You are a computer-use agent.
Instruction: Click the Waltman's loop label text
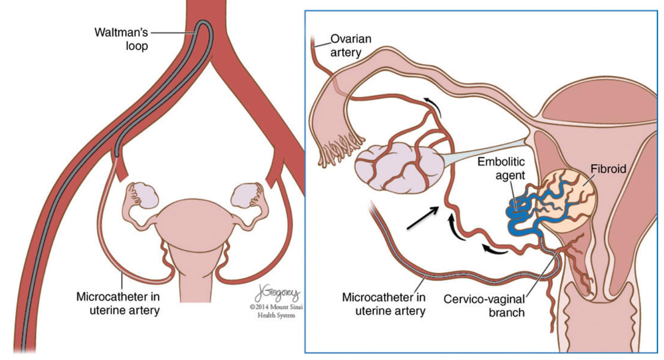tap(121, 39)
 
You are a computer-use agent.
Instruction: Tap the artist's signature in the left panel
tap(277, 293)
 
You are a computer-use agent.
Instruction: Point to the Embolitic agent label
tap(501, 168)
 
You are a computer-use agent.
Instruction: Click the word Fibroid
tap(608, 169)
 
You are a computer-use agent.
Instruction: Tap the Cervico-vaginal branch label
tap(484, 306)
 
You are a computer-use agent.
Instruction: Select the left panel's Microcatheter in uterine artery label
tap(118, 303)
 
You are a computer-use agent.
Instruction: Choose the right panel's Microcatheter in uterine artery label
tap(384, 304)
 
